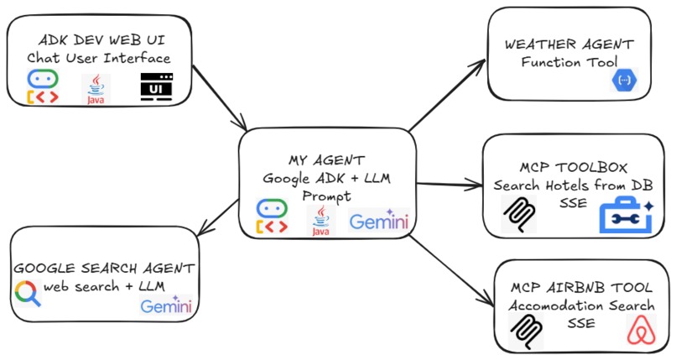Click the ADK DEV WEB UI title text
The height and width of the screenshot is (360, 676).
[x=98, y=40]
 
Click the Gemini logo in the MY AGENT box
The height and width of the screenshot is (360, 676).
[x=379, y=222]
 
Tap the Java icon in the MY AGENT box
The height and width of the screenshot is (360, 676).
[x=319, y=220]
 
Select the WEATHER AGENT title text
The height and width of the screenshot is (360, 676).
[x=568, y=43]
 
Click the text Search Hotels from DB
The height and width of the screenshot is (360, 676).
[x=573, y=185]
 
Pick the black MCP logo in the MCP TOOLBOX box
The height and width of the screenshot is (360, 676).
[x=517, y=216]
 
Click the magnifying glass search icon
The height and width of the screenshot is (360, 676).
[x=28, y=293]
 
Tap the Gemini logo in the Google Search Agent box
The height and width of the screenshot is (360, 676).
[x=166, y=305]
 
